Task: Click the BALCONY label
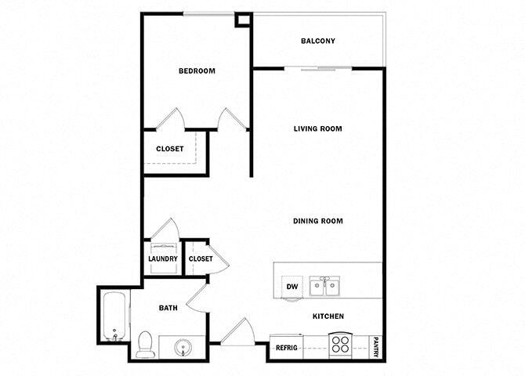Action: (x=318, y=42)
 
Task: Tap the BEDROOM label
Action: (x=197, y=71)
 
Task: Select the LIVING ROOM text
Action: (x=318, y=128)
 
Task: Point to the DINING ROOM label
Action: (x=318, y=221)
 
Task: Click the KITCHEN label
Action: (x=328, y=316)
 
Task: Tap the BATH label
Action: (x=168, y=308)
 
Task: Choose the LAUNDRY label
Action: (x=163, y=258)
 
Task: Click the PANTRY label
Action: (x=376, y=345)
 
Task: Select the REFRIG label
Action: (x=285, y=345)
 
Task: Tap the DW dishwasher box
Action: (x=291, y=287)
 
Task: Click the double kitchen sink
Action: (x=324, y=286)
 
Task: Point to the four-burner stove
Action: (x=340, y=345)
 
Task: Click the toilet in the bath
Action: (x=145, y=344)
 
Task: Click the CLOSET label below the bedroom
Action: (x=170, y=149)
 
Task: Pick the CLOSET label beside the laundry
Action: (x=201, y=258)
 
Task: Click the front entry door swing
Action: (x=237, y=331)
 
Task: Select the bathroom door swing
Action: (x=196, y=298)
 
